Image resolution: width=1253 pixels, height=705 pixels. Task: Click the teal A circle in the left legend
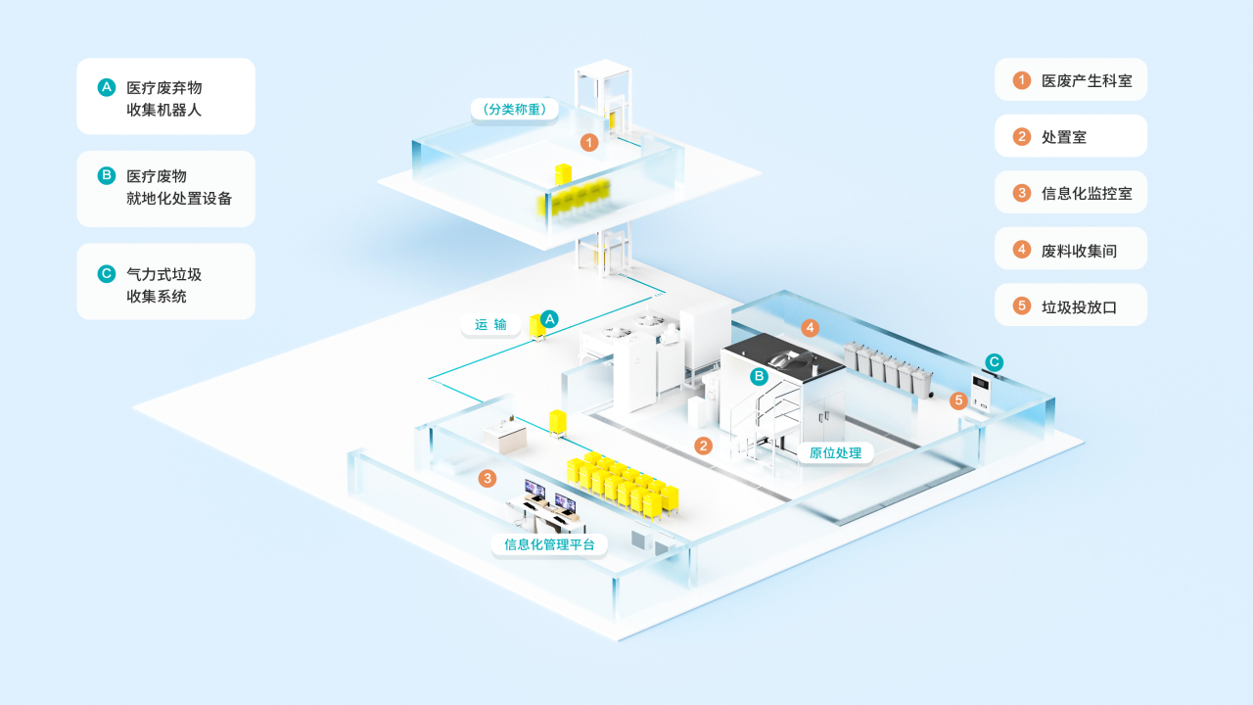[107, 87]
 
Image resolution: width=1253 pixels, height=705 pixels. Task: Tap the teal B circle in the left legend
[107, 175]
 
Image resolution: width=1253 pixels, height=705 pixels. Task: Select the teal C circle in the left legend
[107, 274]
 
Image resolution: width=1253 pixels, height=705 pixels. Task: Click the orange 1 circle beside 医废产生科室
[1022, 80]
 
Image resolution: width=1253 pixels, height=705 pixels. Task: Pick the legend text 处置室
[1064, 137]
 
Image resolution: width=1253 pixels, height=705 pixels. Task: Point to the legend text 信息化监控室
[1087, 194]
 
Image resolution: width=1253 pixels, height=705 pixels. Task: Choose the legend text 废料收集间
[1079, 251]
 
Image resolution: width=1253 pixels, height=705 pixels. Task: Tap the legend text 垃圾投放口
[1079, 307]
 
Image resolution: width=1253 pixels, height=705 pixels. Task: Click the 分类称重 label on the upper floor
[515, 109]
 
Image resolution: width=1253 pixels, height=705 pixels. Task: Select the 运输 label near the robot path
[490, 324]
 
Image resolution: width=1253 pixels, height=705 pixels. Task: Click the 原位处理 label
[835, 452]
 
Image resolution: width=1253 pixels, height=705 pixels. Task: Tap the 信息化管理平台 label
[549, 544]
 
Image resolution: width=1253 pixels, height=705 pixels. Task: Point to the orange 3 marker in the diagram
[487, 479]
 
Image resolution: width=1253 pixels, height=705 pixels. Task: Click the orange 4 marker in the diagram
[810, 328]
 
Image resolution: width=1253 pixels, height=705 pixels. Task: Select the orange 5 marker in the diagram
[958, 400]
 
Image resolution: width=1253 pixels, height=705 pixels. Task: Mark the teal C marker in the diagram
[994, 362]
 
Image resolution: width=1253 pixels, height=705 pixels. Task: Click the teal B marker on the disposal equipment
[759, 377]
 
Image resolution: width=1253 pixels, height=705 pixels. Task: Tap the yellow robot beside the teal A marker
[537, 328]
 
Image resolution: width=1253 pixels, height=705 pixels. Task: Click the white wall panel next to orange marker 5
[981, 393]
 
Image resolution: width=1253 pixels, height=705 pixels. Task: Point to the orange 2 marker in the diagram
[703, 446]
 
